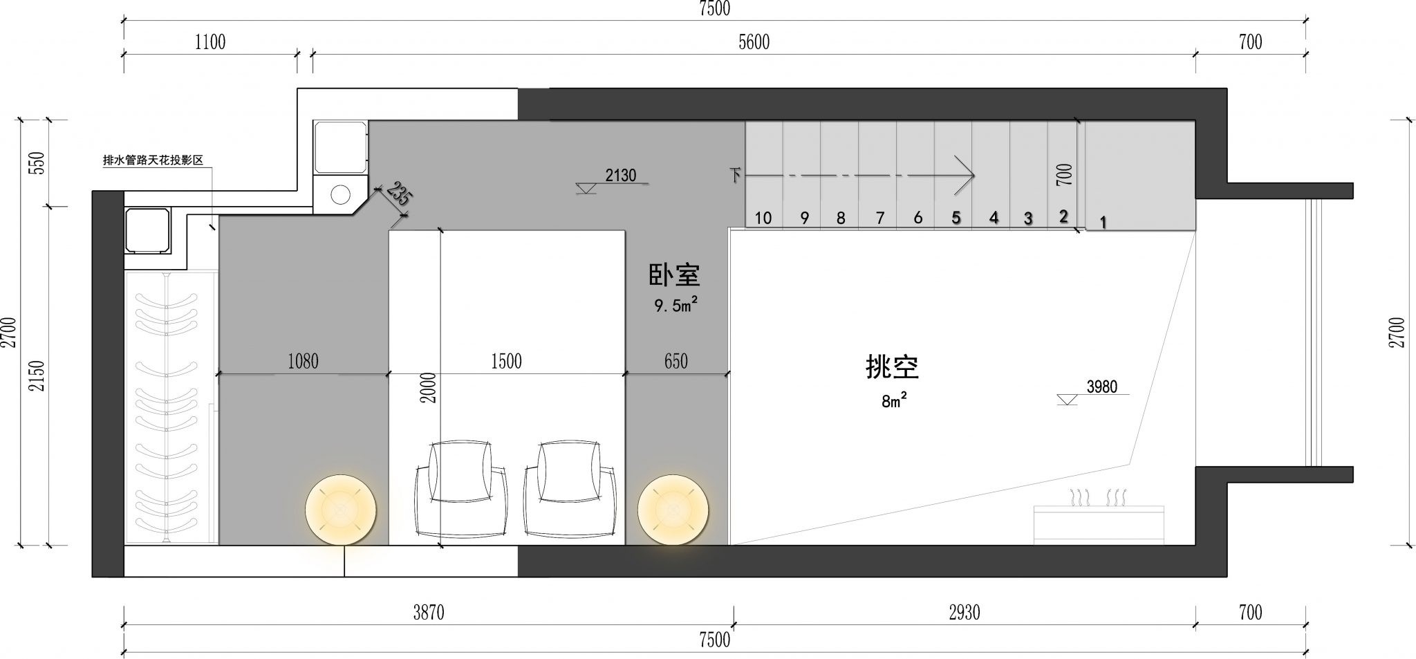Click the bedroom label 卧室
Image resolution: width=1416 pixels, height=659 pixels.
click(x=674, y=275)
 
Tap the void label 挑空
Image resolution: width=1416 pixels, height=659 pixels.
click(x=892, y=367)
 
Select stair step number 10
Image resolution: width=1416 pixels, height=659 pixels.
click(x=763, y=218)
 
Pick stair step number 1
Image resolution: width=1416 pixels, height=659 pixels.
click(x=1103, y=223)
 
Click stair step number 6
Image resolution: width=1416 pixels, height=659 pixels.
click(x=917, y=218)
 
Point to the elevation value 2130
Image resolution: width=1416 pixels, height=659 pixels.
click(x=620, y=176)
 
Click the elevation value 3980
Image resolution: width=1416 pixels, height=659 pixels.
click(x=1101, y=387)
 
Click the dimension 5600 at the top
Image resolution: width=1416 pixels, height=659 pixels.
click(x=754, y=42)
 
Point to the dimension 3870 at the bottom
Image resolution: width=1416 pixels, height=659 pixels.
click(x=429, y=612)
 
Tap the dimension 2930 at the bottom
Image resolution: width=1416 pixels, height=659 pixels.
click(x=964, y=612)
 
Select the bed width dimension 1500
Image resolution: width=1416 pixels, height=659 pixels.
click(x=506, y=361)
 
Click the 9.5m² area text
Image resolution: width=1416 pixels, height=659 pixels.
click(x=676, y=305)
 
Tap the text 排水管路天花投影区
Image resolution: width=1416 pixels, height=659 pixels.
click(x=153, y=160)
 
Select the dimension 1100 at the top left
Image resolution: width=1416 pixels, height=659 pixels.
click(x=210, y=42)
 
